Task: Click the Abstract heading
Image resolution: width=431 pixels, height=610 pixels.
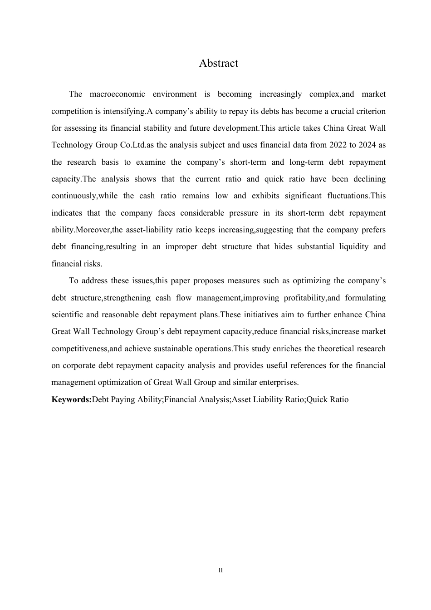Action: (218, 63)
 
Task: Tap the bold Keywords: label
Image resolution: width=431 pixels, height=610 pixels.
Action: (72, 399)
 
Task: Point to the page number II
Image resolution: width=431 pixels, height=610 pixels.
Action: (220, 570)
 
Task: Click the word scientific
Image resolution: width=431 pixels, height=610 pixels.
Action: (67, 315)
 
